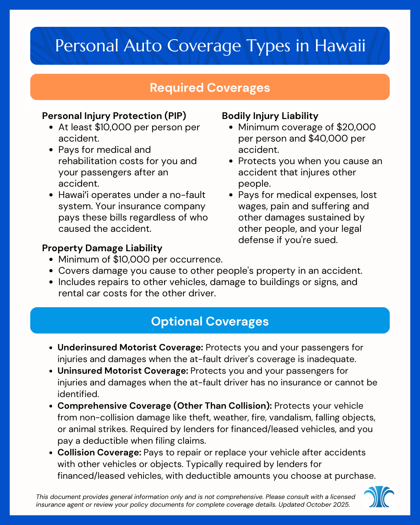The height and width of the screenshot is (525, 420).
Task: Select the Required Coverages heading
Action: click(x=210, y=87)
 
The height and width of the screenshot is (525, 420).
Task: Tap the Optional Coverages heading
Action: click(x=210, y=321)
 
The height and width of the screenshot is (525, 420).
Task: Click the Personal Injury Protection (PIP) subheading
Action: click(x=114, y=116)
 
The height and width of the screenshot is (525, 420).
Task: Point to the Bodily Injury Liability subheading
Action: click(x=270, y=116)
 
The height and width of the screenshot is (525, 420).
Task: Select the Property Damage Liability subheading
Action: click(x=102, y=248)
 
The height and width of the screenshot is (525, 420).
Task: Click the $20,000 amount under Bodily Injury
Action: click(x=356, y=127)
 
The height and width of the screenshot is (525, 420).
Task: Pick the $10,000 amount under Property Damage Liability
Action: click(x=131, y=259)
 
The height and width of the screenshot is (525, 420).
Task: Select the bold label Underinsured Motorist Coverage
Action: click(x=130, y=347)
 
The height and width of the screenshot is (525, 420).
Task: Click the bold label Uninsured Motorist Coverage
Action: click(x=123, y=371)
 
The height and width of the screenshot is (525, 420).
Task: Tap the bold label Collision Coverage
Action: click(x=99, y=452)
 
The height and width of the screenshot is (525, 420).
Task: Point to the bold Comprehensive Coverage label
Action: click(x=164, y=406)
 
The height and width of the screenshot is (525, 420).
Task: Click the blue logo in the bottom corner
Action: click(x=379, y=497)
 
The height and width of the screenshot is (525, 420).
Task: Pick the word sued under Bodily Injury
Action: click(x=326, y=240)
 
